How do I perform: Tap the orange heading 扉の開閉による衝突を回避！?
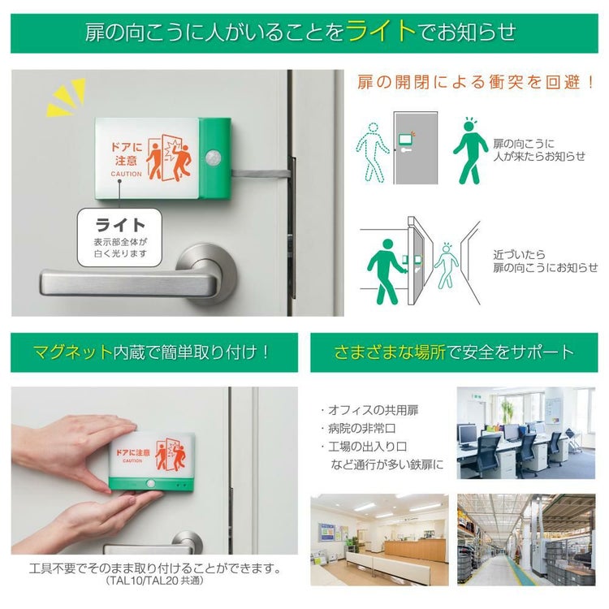pyautogui.click(x=477, y=83)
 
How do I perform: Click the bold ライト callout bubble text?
pyautogui.click(x=120, y=225)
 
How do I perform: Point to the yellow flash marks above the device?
pyautogui.click(x=66, y=97)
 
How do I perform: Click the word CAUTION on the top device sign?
pyautogui.click(x=126, y=174)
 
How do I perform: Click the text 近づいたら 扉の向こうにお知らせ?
pyautogui.click(x=544, y=261)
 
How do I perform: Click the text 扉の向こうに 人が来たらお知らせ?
pyautogui.click(x=538, y=149)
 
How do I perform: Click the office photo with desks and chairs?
pyautogui.click(x=525, y=432)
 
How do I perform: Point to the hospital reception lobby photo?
pyautogui.click(x=378, y=539)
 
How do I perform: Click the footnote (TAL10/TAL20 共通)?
pyautogui.click(x=155, y=581)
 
